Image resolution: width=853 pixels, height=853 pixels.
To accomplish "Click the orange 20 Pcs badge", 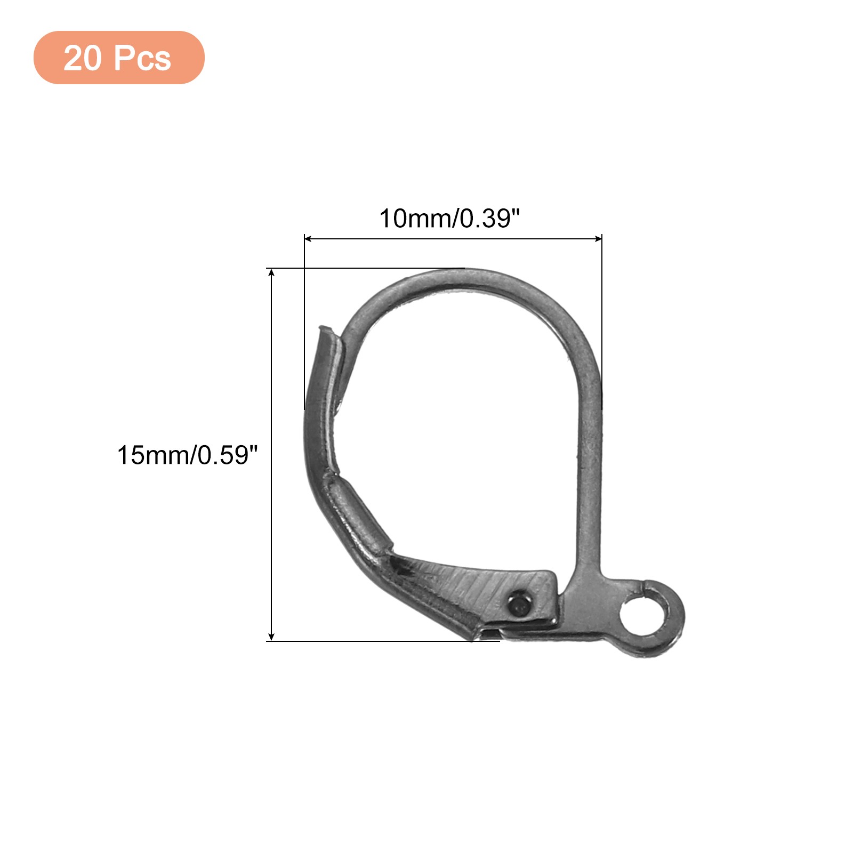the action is [119, 58].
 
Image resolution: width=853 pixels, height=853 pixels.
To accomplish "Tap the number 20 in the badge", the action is [82, 58].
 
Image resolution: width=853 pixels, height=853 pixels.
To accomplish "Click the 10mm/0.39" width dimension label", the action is [449, 219].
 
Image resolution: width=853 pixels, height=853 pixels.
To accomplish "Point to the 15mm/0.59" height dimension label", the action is [187, 455].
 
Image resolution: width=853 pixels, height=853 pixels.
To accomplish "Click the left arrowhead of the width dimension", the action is [307, 239].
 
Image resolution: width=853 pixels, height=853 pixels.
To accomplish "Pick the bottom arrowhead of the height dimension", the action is [271, 637].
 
